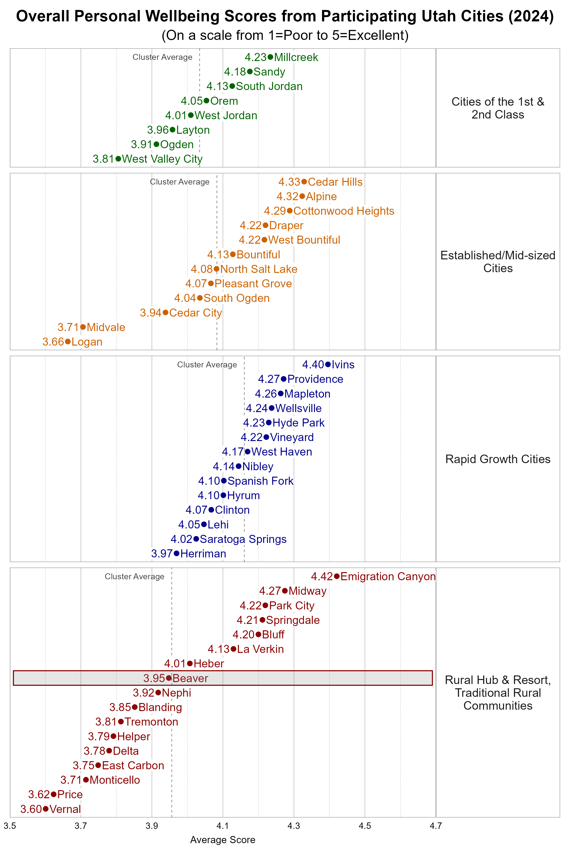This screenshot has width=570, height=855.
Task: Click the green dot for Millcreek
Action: click(270, 57)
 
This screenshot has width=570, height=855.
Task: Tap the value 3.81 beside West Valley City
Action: click(103, 159)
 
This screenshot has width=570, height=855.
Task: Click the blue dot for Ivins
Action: click(328, 364)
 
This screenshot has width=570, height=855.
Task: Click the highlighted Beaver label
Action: click(190, 678)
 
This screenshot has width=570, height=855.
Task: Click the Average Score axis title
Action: click(223, 840)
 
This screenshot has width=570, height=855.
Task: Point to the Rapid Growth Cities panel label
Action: click(498, 459)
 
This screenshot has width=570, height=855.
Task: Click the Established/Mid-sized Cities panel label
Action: click(498, 262)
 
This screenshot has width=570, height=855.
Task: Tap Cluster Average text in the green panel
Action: click(162, 57)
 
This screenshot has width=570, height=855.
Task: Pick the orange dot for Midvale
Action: click(83, 327)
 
